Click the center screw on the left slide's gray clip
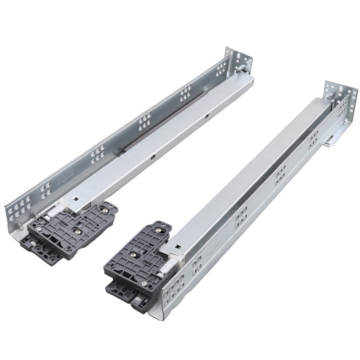(75, 229)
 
